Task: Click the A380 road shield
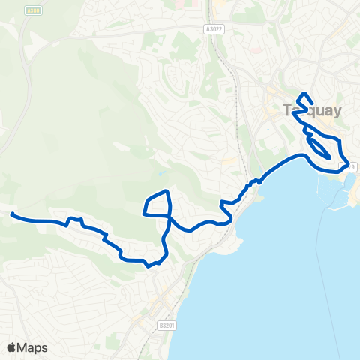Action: click(x=32, y=10)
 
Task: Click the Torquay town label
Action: click(x=313, y=110)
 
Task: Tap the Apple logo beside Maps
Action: click(x=11, y=347)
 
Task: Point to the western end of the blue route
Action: click(x=12, y=214)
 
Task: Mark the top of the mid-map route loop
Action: click(x=166, y=192)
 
